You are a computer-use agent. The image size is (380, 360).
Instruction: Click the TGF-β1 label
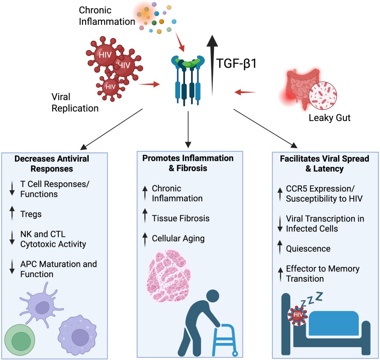coord(236,63)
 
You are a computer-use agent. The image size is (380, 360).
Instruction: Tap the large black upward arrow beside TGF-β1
coord(212,65)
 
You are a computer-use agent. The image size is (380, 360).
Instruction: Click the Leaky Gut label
coord(329,118)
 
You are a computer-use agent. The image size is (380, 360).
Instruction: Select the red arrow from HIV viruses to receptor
coord(149,84)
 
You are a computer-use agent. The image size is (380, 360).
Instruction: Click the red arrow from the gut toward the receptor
coord(245,92)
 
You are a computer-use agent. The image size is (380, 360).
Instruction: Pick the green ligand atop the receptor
coord(189,62)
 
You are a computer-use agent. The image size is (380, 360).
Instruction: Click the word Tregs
coord(31,214)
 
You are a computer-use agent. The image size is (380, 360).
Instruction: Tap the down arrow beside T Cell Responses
coord(12,189)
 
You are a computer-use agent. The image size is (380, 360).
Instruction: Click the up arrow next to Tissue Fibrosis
coord(145,215)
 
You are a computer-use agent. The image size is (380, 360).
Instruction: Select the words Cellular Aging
coord(178,238)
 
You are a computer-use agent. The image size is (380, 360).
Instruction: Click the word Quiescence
coord(308,249)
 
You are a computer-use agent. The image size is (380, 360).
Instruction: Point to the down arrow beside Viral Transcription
coord(280,224)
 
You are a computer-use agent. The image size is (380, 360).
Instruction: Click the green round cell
coord(20,340)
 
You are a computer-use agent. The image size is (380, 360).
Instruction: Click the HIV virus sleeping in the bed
coord(298,315)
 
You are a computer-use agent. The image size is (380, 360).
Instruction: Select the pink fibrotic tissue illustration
coord(169,276)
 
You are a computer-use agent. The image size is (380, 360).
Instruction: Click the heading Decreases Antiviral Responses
coord(52,164)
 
